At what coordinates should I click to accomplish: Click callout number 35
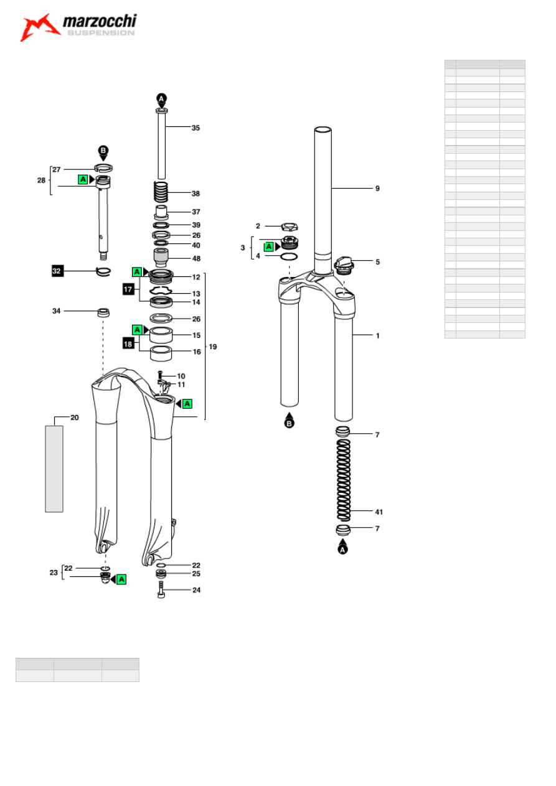[196, 128]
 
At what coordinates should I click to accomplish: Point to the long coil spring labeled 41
[343, 479]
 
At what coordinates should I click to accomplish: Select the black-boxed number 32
[57, 271]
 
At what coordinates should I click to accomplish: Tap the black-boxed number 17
[129, 289]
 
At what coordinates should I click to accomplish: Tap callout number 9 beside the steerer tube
[377, 188]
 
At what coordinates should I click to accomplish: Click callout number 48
[196, 258]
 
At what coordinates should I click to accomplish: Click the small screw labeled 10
[161, 376]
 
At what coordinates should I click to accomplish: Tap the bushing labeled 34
[103, 311]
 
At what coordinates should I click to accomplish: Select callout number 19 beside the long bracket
[213, 346]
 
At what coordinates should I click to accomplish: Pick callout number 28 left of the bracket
[41, 180]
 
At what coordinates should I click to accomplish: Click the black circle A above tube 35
[161, 99]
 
